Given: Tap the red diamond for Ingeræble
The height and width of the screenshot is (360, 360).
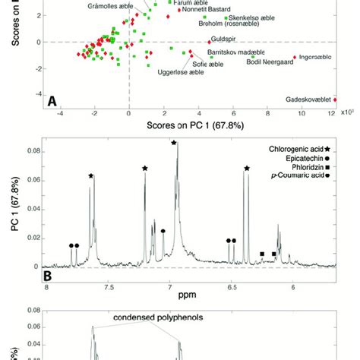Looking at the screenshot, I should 294,57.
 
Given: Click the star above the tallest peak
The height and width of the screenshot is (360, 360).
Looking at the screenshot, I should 175,143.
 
